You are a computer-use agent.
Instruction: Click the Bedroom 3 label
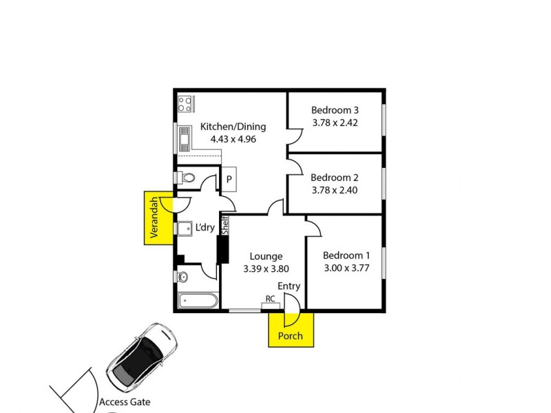(x=335, y=110)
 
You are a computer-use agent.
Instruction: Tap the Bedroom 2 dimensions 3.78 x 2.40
(x=335, y=191)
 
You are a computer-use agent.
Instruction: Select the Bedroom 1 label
(x=346, y=255)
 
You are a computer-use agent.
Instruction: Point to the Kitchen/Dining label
(x=233, y=127)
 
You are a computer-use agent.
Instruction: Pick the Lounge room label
(x=266, y=257)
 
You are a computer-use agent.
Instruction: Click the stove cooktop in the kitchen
(x=185, y=104)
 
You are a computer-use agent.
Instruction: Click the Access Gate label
(x=125, y=402)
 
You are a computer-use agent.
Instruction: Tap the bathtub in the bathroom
(x=197, y=301)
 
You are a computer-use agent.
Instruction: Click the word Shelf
(x=225, y=225)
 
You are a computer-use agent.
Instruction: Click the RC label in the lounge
(x=271, y=299)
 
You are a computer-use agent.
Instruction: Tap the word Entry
(x=289, y=286)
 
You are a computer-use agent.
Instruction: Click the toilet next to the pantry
(x=186, y=178)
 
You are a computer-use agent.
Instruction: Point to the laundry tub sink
(x=185, y=228)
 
